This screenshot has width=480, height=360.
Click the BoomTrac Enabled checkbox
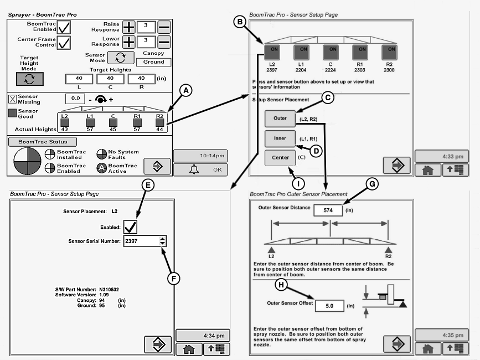point(64,27)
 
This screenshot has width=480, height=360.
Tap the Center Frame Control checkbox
point(64,43)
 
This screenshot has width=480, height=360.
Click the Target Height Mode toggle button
point(29,79)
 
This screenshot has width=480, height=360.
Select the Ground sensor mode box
point(153,62)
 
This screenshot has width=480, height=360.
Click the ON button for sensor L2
point(272,53)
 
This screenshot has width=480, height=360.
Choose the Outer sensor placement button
point(280,118)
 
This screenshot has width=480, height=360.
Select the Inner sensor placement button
point(280,138)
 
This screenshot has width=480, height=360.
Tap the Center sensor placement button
point(280,157)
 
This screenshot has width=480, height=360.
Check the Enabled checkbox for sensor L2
point(131,227)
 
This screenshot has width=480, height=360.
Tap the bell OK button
point(200,169)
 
